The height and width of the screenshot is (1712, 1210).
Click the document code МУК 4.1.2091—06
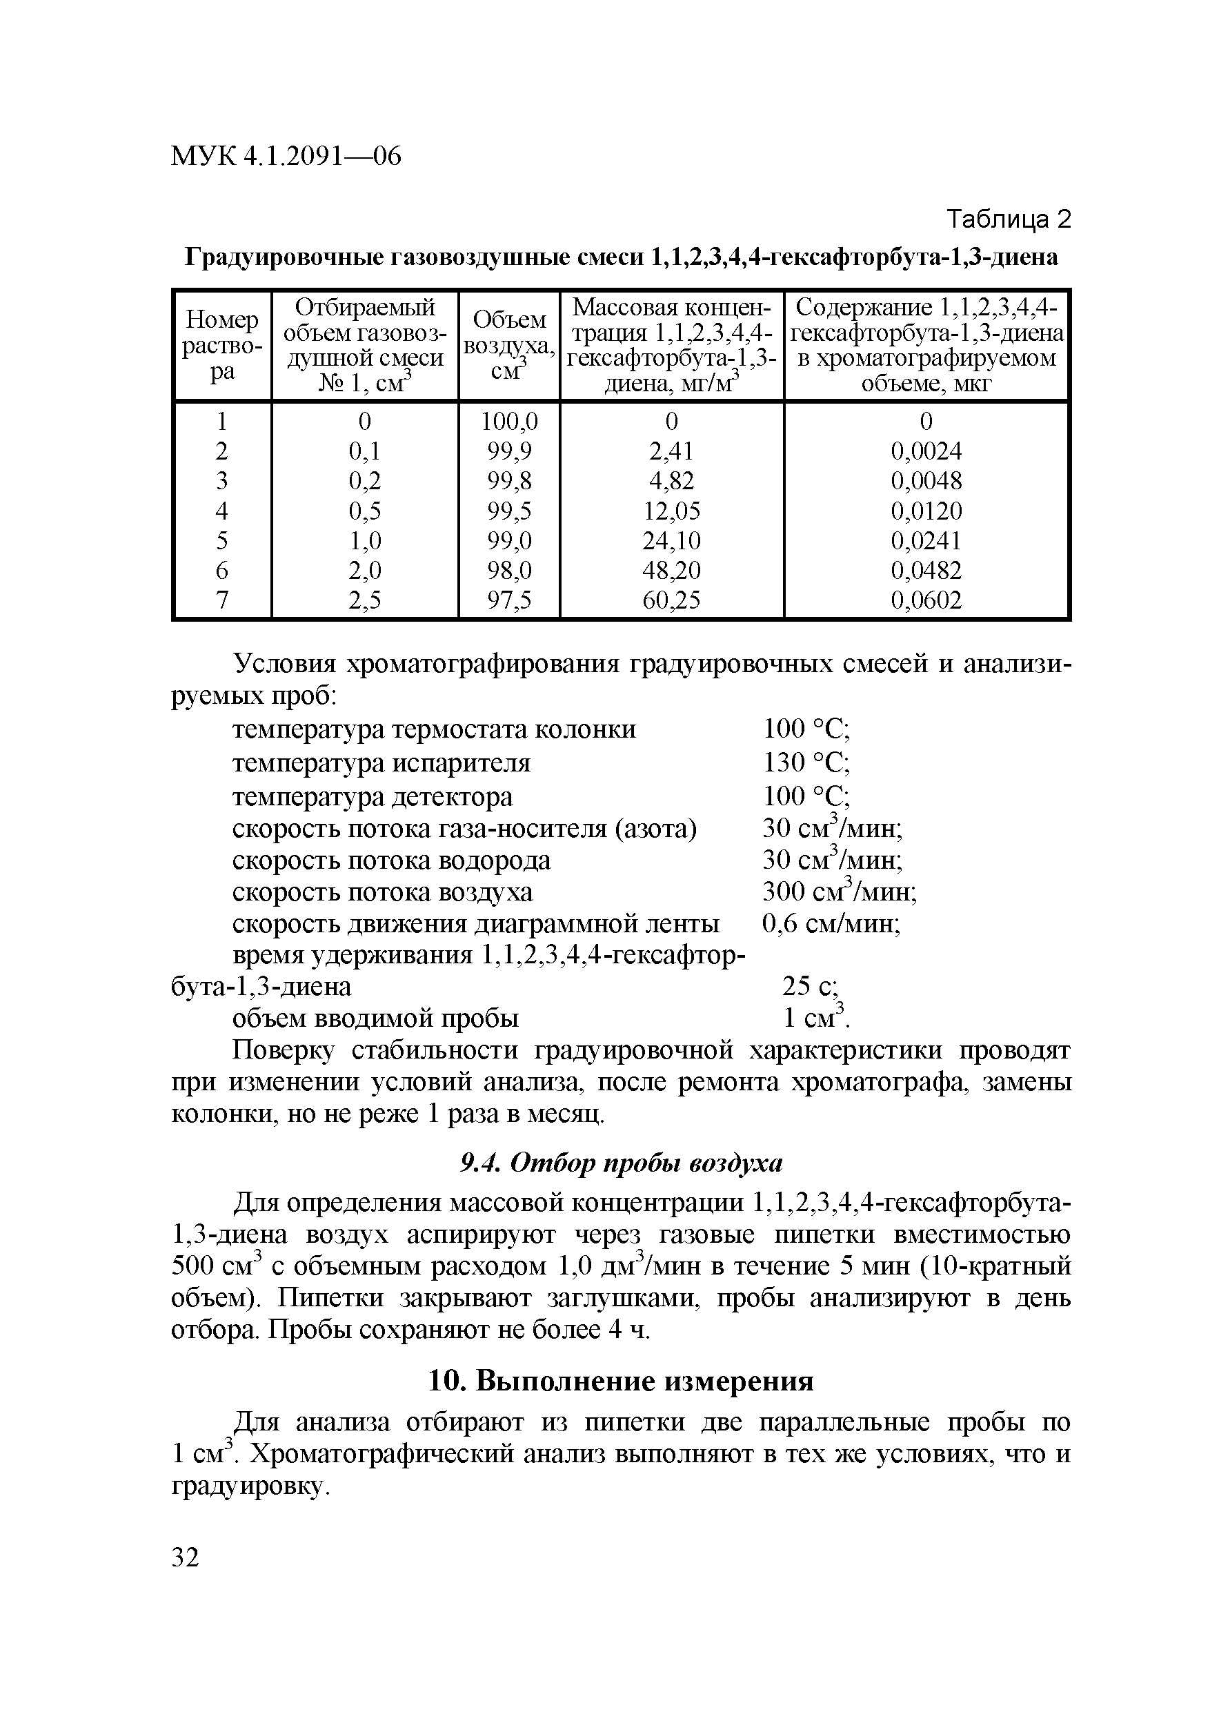pos(286,156)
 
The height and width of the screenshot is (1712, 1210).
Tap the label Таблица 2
pos(1008,219)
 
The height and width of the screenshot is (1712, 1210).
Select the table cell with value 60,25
pos(671,600)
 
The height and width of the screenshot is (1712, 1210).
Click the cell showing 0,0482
pos(926,571)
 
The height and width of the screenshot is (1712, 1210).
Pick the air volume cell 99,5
pos(509,511)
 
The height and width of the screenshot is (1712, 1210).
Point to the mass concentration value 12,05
pos(671,511)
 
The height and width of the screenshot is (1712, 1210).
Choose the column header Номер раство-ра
pos(222,345)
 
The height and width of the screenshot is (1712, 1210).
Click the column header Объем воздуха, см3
pos(509,345)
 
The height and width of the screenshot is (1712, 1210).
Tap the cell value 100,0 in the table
pos(509,422)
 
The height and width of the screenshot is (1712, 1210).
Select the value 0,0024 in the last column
pos(926,451)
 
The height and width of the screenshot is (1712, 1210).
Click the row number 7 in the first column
pos(222,600)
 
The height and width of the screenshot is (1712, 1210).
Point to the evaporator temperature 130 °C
pos(806,762)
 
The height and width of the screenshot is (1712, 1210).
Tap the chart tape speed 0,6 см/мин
pos(831,924)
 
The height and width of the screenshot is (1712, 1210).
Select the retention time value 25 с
pos(811,987)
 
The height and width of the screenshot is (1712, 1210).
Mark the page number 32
pos(186,1557)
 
